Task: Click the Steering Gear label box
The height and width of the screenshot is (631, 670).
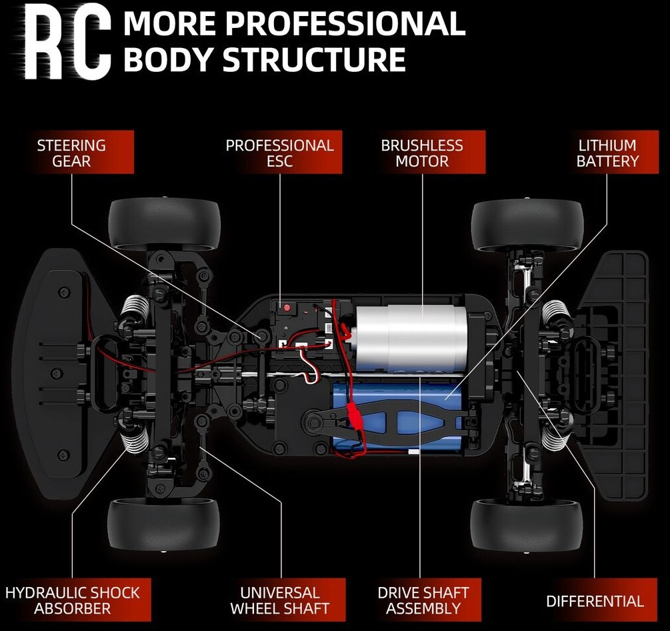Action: point(71,153)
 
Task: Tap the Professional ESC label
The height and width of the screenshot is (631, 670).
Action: point(279,153)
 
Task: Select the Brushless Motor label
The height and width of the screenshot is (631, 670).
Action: point(422,153)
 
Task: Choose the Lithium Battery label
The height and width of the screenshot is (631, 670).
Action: point(607,153)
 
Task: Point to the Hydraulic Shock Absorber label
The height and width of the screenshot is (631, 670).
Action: point(73,600)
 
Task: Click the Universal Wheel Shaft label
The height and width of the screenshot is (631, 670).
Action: point(279,600)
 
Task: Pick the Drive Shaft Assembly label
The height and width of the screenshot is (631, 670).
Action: point(423,600)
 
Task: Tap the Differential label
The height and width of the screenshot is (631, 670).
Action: point(595,601)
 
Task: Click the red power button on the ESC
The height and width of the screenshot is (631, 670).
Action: point(287,309)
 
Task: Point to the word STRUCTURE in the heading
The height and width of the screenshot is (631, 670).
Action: point(314,60)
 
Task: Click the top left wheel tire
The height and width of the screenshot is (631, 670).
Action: point(164,223)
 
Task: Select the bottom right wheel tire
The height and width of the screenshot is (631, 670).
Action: point(526,526)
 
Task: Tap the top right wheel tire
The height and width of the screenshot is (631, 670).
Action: point(527,223)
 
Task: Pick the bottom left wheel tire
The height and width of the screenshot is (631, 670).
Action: point(163,526)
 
